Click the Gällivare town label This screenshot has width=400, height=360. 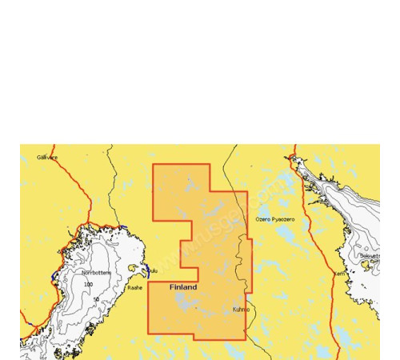coord(47,158)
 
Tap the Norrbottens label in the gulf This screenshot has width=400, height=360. coord(97,273)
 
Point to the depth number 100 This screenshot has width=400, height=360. coord(88,284)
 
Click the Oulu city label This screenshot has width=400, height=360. coord(152,271)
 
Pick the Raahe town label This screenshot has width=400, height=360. coord(134,287)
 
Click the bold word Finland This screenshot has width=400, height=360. coord(183,286)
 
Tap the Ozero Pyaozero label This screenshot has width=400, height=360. coord(274,218)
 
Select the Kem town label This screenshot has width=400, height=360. coord(339,273)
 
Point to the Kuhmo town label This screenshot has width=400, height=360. coord(241,309)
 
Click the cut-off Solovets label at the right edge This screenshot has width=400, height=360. coord(369,255)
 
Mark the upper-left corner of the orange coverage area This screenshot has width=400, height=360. coord(154,165)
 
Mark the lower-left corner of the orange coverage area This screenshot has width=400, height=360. coord(148,332)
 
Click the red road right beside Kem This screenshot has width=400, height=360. coord(330,272)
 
